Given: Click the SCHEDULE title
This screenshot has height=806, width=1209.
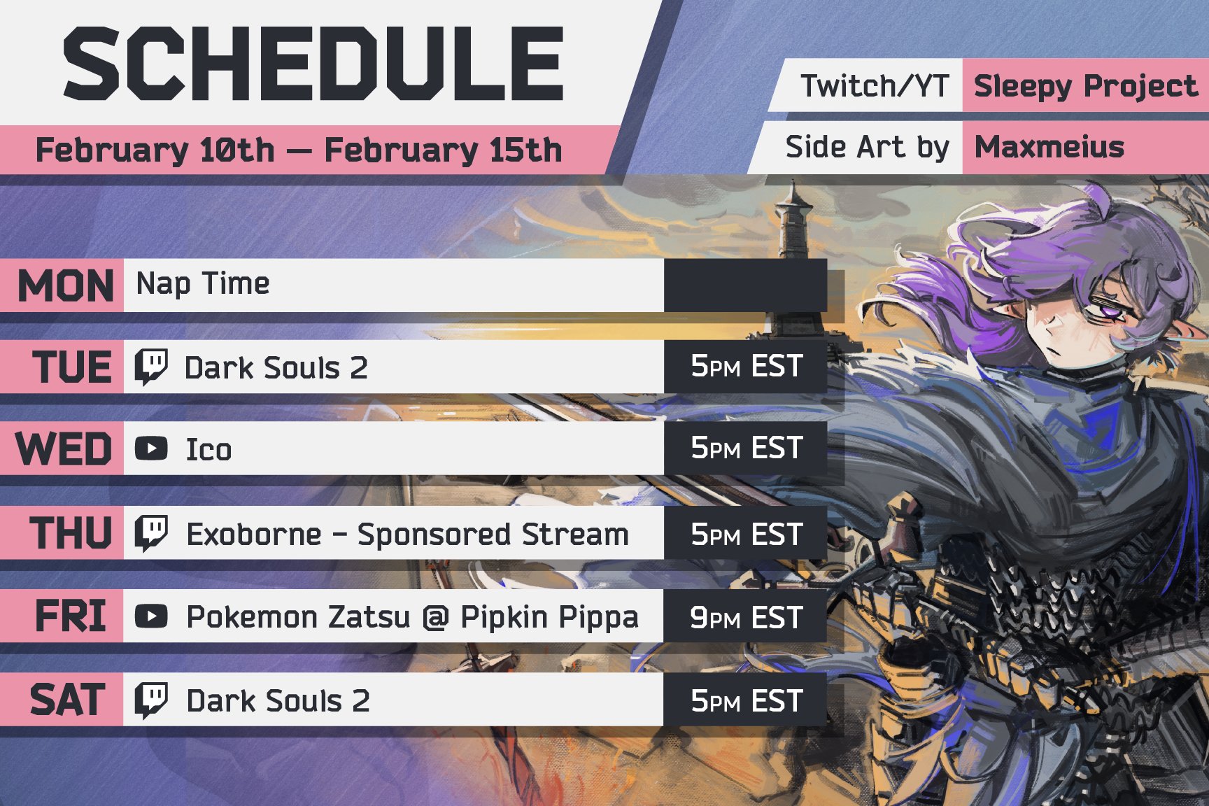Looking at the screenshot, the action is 313,64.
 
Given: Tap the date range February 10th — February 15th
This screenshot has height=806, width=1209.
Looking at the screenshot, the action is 299,150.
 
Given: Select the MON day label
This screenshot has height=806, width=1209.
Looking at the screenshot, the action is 66,285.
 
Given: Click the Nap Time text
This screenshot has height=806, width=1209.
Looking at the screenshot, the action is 203,284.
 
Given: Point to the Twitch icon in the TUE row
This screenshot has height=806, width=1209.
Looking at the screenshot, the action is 151,367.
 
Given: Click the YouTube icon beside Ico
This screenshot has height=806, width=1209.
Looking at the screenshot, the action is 151,448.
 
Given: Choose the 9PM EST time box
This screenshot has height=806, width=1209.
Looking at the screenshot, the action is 746,617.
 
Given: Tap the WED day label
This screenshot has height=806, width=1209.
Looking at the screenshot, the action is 64,448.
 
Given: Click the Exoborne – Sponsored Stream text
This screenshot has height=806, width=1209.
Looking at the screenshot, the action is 407,535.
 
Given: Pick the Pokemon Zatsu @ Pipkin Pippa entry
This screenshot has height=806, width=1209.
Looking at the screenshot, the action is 412,618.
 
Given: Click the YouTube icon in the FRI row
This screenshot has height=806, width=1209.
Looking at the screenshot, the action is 151,616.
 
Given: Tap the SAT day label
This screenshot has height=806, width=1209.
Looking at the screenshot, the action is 67,700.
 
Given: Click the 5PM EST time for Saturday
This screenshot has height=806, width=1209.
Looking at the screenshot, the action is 746,700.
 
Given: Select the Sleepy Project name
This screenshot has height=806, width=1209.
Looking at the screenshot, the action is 1085,86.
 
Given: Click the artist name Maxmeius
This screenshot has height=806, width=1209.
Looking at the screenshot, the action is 1049,147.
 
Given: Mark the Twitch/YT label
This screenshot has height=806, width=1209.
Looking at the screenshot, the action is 875,86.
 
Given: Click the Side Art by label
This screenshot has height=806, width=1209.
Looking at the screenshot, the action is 867,148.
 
